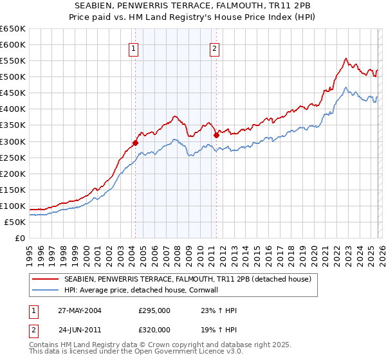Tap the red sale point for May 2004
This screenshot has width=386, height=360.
tap(136, 143)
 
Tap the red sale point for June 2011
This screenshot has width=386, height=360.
tap(216, 135)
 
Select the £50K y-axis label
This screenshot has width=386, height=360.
tap(15, 222)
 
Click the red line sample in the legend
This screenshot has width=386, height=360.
tap(46, 279)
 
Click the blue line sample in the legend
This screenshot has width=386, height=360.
tap(46, 290)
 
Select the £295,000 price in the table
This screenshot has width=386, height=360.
tap(154, 310)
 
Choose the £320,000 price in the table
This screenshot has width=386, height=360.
tap(154, 329)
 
